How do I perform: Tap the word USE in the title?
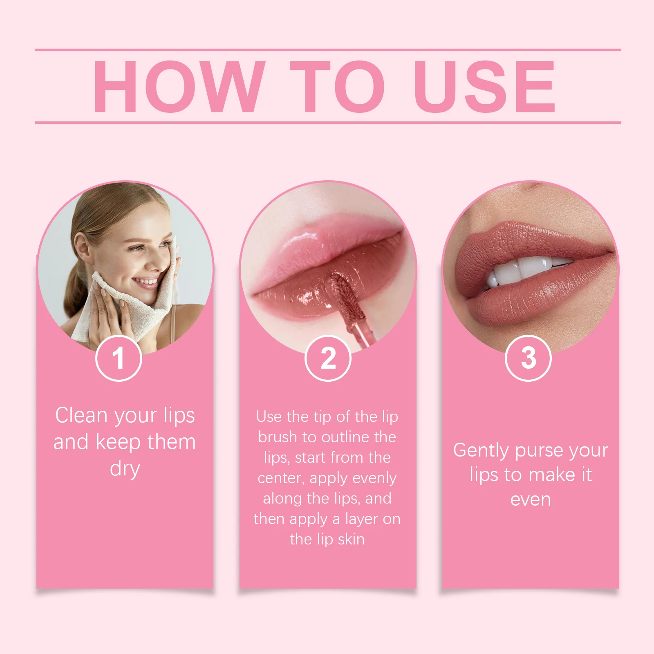[484, 86]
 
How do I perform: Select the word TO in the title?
[337, 86]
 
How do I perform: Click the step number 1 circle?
[119, 358]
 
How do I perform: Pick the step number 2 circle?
[328, 358]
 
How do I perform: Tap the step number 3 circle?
[528, 358]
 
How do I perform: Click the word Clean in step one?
[81, 415]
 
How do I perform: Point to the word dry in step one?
[125, 468]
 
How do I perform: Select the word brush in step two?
[278, 437]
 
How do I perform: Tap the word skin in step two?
[351, 539]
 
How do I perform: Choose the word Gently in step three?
[481, 450]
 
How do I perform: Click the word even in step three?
[531, 499]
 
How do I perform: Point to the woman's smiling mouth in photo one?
[145, 282]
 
